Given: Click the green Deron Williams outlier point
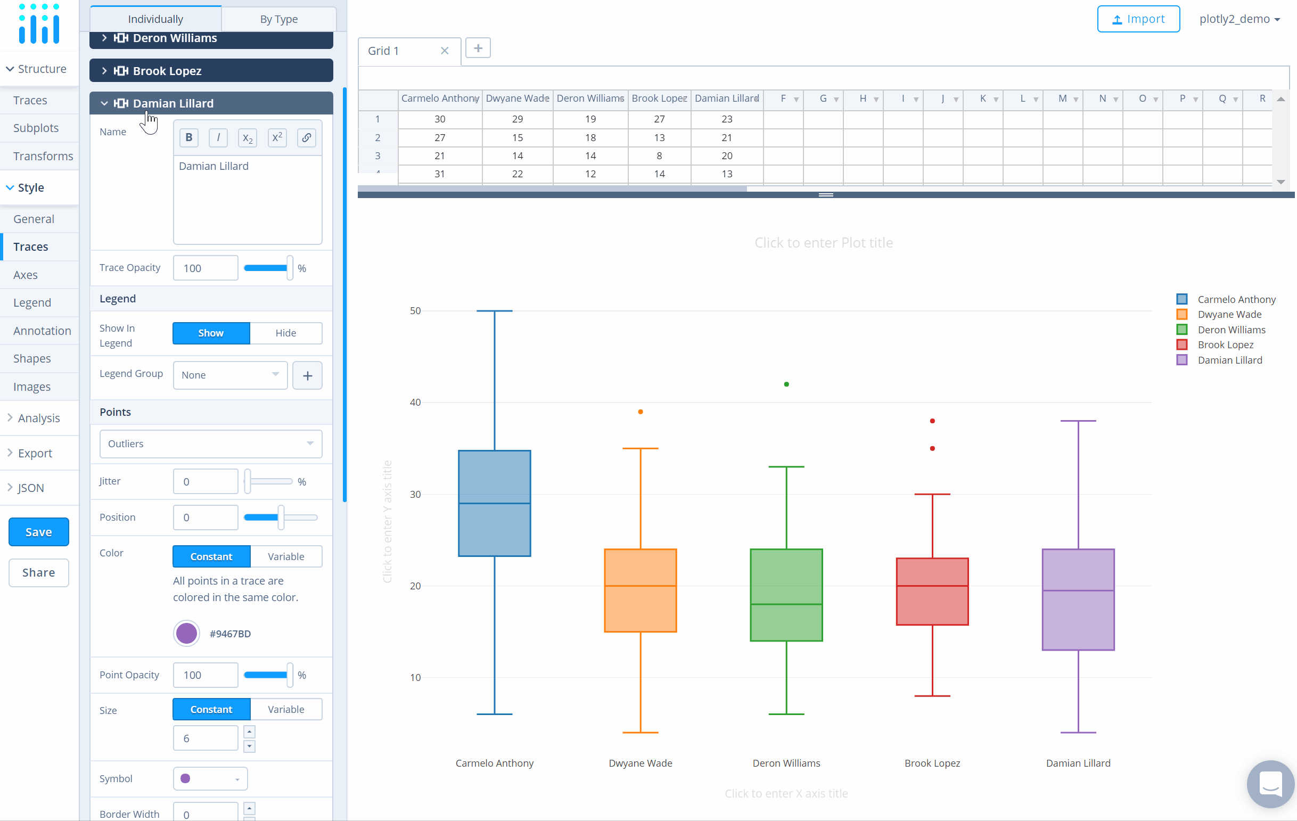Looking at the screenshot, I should tap(786, 384).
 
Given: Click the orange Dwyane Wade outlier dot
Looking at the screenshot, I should tap(641, 412).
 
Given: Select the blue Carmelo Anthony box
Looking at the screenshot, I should tap(495, 503).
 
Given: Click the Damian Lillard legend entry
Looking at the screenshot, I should tap(1229, 360).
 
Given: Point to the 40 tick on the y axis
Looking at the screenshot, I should tap(415, 402).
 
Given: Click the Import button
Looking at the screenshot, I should tap(1138, 19).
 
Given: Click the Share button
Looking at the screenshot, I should tap(38, 572).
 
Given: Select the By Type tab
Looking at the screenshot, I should tap(278, 19).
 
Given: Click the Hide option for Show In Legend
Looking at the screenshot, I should tap(285, 333).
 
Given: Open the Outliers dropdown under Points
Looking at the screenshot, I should tap(211, 444).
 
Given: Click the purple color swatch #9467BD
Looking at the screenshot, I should tap(186, 633).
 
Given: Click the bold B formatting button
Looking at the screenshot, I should tap(188, 137).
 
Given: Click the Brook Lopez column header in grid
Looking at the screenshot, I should tap(658, 98).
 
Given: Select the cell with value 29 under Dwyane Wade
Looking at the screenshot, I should tap(517, 119).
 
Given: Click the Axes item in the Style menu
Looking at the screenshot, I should tap(26, 275).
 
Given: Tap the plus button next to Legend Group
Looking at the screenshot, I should tap(307, 375).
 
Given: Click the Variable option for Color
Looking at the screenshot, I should tap(285, 556).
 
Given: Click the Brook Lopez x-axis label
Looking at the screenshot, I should tap(932, 763).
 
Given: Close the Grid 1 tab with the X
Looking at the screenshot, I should tap(445, 51).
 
